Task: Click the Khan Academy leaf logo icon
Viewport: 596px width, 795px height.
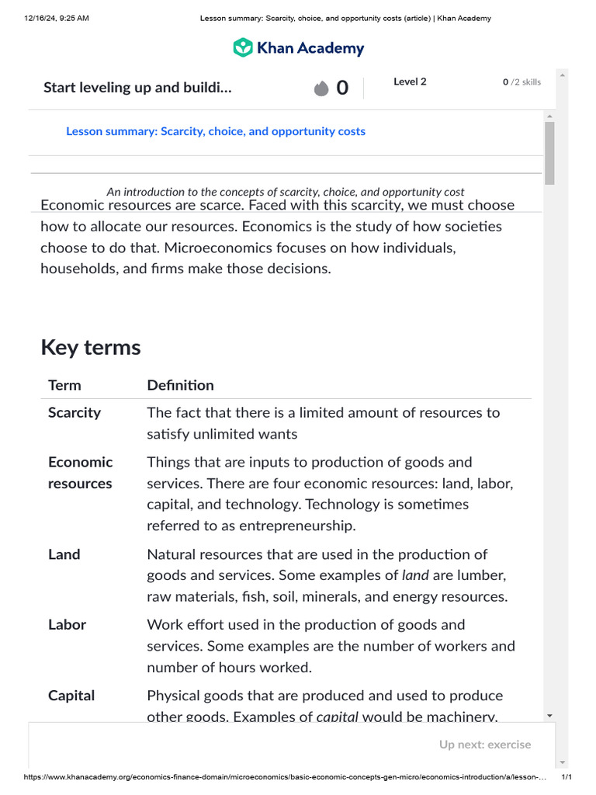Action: point(243,47)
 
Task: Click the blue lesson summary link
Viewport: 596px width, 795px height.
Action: point(215,131)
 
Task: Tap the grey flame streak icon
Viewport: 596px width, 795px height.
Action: point(321,89)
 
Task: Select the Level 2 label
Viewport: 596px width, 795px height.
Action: point(410,82)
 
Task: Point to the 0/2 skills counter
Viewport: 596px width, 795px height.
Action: point(521,82)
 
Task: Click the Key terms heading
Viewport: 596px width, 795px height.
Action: point(91,347)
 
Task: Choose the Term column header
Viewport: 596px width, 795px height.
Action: point(64,385)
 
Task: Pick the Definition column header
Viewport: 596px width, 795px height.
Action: point(180,385)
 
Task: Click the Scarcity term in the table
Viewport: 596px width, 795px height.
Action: point(74,412)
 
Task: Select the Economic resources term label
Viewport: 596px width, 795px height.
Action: point(80,473)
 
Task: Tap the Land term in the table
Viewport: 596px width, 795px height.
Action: point(64,554)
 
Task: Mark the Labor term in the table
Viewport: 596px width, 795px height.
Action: point(67,624)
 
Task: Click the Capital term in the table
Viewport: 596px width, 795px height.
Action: point(71,696)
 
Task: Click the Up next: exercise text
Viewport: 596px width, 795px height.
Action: point(485,745)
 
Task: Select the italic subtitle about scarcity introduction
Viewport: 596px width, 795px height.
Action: point(286,192)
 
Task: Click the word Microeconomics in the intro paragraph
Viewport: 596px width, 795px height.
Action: point(306,248)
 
